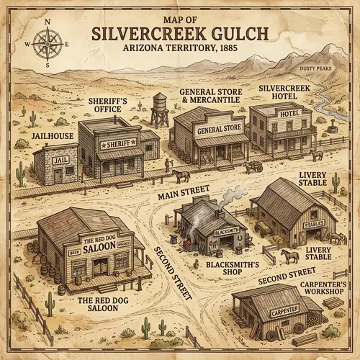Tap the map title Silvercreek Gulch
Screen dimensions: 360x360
(x=180, y=35)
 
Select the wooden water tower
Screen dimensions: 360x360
(x=160, y=110)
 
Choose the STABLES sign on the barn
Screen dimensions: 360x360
(x=315, y=223)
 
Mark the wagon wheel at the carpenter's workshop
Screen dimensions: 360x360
(x=298, y=327)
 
